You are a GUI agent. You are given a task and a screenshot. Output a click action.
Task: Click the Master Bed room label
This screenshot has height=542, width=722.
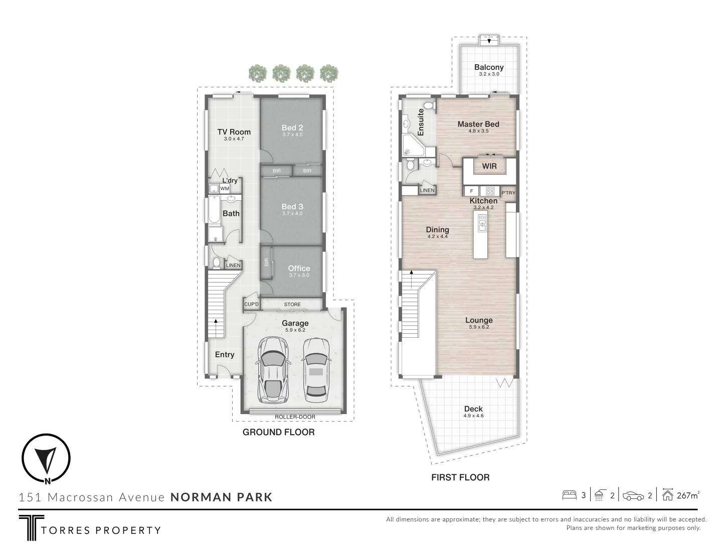pos(478,124)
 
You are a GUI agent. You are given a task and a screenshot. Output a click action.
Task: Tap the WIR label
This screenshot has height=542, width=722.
pos(489,166)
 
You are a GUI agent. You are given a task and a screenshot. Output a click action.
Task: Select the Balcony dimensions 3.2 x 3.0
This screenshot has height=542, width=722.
pos(489,74)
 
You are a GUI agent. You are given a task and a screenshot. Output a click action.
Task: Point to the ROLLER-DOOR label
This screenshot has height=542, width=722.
pos(295,417)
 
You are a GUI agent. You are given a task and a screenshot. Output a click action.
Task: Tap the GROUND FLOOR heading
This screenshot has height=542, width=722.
pos(279,432)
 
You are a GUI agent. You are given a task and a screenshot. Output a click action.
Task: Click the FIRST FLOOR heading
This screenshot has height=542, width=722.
pos(460,477)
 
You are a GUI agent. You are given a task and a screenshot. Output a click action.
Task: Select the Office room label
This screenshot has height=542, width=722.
pos(299,268)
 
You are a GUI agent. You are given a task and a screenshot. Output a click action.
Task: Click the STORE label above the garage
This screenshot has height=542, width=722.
pos(292,305)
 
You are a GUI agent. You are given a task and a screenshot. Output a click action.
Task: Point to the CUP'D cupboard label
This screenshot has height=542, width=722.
pos(251,305)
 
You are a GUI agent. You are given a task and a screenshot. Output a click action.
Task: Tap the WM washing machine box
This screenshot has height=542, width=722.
pos(225,189)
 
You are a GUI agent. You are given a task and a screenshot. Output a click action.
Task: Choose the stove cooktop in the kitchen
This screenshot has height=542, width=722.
pos(490,191)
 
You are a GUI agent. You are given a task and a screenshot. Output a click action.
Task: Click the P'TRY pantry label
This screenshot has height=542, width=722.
pos(508,193)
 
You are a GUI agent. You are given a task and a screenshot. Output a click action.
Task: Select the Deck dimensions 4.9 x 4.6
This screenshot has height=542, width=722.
pos(473,416)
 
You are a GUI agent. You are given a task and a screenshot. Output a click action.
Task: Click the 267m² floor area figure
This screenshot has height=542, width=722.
pos(687,495)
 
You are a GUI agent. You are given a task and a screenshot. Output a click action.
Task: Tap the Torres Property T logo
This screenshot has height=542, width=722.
pos(31,527)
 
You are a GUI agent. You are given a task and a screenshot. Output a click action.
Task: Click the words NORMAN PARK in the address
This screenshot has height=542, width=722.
pos(222,497)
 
